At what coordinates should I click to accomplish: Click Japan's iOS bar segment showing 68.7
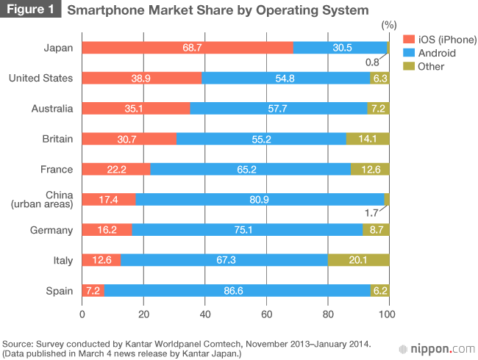188,48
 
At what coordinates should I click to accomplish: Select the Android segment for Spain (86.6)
237,290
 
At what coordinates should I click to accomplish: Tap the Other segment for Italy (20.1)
358,260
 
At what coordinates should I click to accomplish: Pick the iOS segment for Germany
107,230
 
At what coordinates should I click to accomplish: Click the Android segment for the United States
285,78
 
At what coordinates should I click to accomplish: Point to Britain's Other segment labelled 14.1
367,139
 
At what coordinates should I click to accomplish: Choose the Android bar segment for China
260,200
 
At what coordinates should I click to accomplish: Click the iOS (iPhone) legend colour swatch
409,39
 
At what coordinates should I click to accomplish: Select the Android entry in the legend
437,53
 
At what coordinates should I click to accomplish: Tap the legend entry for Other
430,67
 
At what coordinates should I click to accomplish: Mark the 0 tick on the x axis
82,314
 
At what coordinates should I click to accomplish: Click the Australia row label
52,109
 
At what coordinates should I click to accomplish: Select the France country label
57,169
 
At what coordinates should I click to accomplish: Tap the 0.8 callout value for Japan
372,62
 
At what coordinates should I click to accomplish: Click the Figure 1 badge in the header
30,10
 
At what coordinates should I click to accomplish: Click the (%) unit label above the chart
388,25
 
